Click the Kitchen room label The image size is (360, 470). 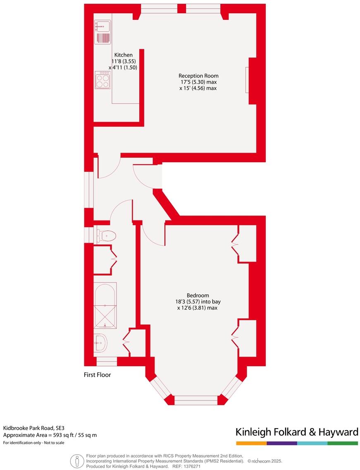tap(123, 55)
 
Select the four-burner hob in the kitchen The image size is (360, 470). tap(103, 80)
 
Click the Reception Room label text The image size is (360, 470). tap(198, 76)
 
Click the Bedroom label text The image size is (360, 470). tap(198, 295)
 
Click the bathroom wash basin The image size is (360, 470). tap(100, 342)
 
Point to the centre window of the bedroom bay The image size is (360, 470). tap(196, 400)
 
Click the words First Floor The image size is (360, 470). tap(97, 375)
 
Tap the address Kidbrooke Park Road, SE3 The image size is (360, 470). tap(34, 428)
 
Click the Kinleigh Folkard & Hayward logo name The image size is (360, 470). tap(296, 432)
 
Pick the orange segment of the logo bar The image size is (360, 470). tap(251, 443)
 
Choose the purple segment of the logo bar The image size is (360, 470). tap(282, 443)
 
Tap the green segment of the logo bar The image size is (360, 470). tap(343, 443)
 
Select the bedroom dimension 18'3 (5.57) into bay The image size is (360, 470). tap(198, 302)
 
